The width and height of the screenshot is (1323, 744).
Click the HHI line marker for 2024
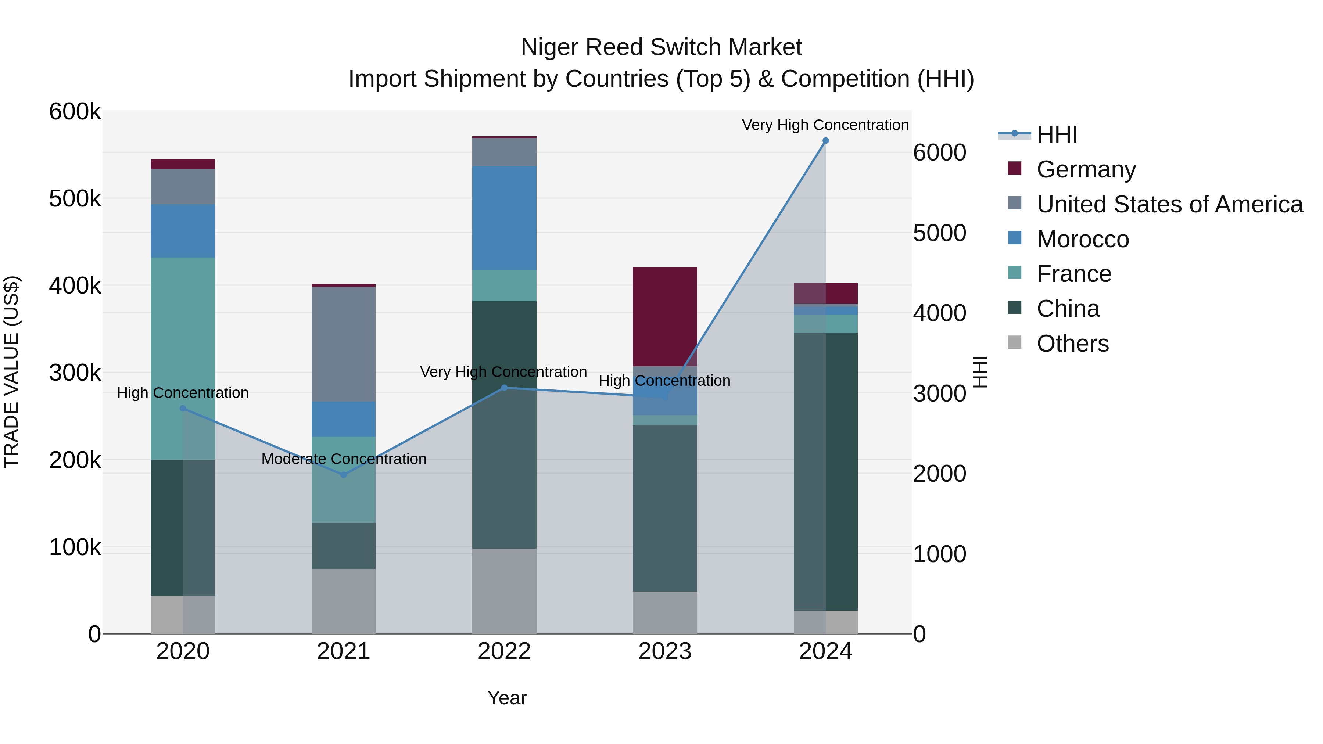pyautogui.click(x=825, y=141)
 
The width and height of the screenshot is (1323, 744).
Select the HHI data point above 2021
pyautogui.click(x=344, y=475)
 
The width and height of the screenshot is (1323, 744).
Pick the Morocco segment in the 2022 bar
pyautogui.click(x=504, y=218)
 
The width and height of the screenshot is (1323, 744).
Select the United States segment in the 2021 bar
pyautogui.click(x=344, y=344)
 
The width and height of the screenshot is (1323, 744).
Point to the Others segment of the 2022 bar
pyautogui.click(x=504, y=590)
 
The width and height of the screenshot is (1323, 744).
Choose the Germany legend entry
pyautogui.click(x=1086, y=169)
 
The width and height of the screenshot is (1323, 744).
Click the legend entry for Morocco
pyautogui.click(x=1082, y=239)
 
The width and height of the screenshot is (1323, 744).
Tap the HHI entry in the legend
pyautogui.click(x=1057, y=134)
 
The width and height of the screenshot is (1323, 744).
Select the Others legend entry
pyautogui.click(x=1072, y=344)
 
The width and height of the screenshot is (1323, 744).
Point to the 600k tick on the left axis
pyautogui.click(x=75, y=111)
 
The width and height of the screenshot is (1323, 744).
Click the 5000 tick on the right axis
pyautogui.click(x=939, y=233)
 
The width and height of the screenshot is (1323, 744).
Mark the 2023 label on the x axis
pyautogui.click(x=664, y=651)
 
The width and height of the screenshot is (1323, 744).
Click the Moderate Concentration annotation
pyautogui.click(x=344, y=459)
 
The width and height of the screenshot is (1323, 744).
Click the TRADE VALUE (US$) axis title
pyautogui.click(x=11, y=372)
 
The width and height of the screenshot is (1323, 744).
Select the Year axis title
pyautogui.click(x=506, y=698)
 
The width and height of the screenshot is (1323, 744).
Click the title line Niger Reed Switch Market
pyautogui.click(x=661, y=47)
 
